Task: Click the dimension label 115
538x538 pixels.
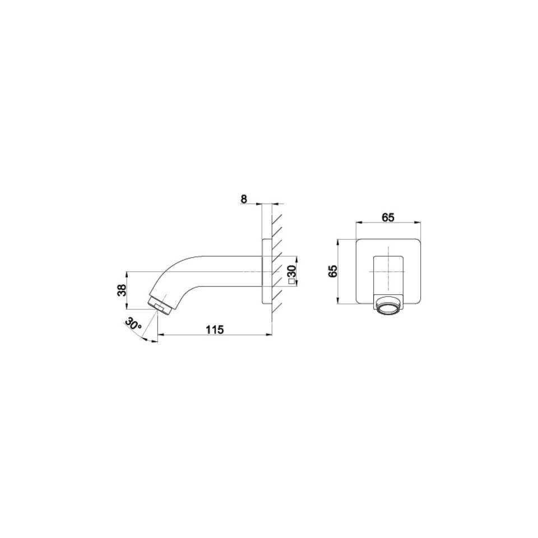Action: coord(215,330)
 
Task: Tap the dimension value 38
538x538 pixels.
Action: coord(122,290)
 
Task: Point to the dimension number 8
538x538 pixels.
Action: coord(244,199)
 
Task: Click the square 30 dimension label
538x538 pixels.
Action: coord(292,275)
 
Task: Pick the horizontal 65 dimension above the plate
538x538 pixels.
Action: coord(388,217)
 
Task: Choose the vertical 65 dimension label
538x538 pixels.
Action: coord(333,271)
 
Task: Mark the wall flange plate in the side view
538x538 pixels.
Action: coord(267,271)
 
